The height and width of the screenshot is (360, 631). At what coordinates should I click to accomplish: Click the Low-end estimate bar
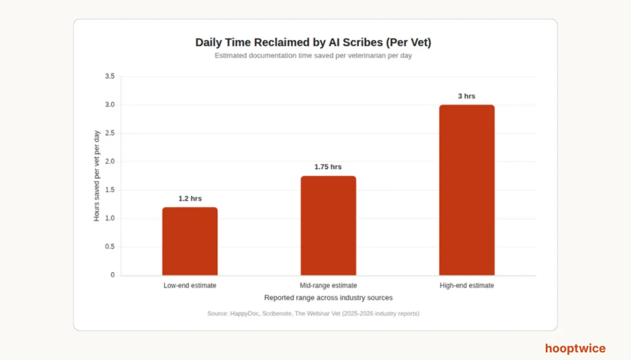[190, 241]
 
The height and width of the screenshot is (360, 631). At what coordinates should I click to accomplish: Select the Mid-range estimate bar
[328, 225]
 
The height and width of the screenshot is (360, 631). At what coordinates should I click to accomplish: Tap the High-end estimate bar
[467, 190]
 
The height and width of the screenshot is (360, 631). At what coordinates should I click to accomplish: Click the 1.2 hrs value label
[190, 199]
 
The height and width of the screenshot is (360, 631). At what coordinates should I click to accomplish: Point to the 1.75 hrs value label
[328, 167]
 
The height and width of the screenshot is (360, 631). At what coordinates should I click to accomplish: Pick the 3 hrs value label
[466, 96]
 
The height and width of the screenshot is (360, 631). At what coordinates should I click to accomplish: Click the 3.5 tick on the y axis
[110, 76]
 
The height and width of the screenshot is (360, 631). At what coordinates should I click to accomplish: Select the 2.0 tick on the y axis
[110, 161]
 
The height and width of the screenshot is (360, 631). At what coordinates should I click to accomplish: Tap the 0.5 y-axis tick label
[110, 246]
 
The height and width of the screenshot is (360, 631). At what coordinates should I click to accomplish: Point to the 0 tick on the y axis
[113, 275]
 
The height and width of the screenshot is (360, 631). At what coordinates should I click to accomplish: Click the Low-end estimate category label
[190, 285]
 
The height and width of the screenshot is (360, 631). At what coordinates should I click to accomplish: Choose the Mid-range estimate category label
[328, 285]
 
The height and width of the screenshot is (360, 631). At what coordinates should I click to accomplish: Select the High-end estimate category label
[467, 285]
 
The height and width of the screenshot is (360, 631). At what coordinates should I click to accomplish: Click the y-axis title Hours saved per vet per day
[97, 176]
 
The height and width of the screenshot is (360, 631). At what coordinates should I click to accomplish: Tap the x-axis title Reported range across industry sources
[328, 298]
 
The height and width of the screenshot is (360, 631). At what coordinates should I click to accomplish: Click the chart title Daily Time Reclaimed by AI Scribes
[313, 43]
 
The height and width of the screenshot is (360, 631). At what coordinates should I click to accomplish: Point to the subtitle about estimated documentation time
[313, 56]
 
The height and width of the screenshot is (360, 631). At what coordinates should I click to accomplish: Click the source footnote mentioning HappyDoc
[313, 314]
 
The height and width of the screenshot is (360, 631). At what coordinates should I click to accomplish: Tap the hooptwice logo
[575, 348]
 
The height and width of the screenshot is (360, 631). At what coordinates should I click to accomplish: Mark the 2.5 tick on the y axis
[110, 133]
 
